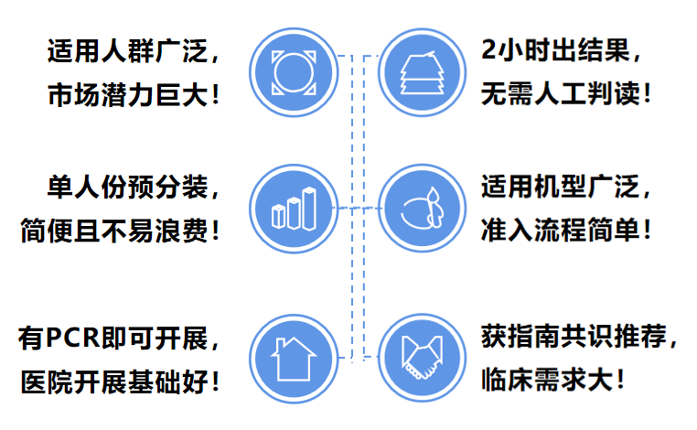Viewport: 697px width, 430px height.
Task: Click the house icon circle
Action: point(294,359)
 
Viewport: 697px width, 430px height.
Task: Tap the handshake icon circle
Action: point(423,358)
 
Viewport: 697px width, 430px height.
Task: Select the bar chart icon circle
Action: point(294,209)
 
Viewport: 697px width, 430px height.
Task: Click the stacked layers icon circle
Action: point(423,72)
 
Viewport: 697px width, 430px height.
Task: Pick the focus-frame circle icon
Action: point(294,72)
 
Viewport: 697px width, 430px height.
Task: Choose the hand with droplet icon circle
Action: point(423,208)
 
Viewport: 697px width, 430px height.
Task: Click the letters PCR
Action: point(73,337)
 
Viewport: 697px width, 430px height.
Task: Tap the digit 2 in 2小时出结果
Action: point(488,49)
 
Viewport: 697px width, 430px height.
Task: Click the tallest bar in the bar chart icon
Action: point(309,209)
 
